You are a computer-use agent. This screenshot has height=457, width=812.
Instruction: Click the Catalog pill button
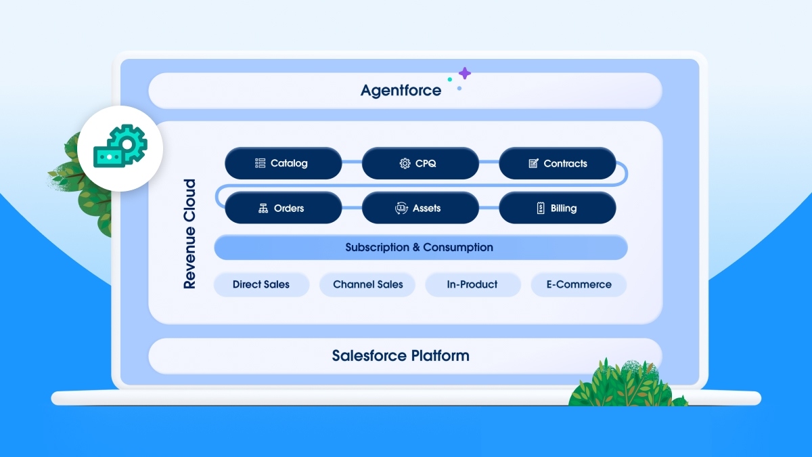(283, 163)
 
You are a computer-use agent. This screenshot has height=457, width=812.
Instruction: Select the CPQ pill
(420, 163)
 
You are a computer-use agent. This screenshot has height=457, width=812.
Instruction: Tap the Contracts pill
(557, 163)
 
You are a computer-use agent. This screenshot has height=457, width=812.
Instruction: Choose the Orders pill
(283, 208)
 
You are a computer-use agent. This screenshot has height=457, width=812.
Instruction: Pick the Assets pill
(420, 208)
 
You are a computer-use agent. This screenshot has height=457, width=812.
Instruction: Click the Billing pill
(557, 208)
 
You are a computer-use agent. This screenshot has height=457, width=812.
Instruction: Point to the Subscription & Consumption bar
(420, 247)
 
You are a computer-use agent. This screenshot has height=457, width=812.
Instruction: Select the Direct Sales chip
(261, 284)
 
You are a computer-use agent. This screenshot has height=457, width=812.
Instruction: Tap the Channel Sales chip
(367, 284)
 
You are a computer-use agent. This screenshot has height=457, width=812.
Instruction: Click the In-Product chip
(472, 284)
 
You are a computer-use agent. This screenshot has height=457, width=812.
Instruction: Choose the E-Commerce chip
(579, 284)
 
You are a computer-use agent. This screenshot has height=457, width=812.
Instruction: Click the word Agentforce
(401, 90)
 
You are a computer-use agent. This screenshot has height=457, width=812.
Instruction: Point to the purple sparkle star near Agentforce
(464, 73)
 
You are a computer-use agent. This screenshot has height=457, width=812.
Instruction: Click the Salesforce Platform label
(401, 355)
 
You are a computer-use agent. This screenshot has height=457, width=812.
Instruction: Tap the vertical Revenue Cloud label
(190, 234)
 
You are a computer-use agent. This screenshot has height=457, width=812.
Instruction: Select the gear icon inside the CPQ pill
(405, 163)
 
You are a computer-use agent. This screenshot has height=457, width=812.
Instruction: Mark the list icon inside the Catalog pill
(260, 163)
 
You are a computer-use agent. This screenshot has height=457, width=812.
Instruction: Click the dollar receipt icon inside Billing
(541, 208)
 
